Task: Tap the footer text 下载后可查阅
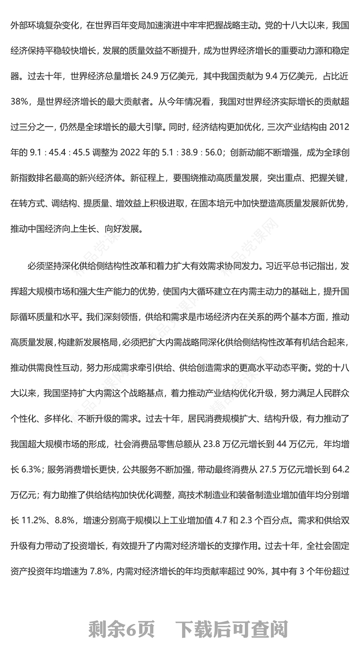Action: tap(231, 629)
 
